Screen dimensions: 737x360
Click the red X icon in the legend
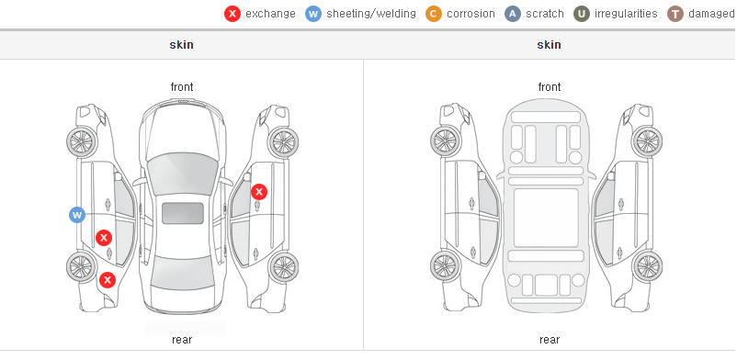coord(232,14)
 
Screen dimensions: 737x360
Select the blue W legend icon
coord(313,14)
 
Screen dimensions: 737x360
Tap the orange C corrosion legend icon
coord(434,14)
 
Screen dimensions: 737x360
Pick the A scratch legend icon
coord(513,14)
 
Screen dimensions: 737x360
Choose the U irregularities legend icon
coord(582,14)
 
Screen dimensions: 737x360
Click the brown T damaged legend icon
coord(675,14)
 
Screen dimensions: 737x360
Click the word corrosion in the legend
coord(471,14)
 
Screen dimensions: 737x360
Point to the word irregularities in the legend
coord(626,14)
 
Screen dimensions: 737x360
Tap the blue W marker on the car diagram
coord(77,215)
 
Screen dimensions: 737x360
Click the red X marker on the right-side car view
coord(259,192)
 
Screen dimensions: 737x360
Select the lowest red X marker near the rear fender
coord(108,281)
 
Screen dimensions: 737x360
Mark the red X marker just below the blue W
coord(104,238)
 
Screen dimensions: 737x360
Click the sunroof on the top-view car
coord(183,213)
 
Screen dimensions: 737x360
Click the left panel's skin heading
coord(181,45)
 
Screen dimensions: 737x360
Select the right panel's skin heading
coord(549,45)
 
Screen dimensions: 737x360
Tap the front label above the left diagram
coord(182,87)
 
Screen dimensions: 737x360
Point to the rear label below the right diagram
coord(550,340)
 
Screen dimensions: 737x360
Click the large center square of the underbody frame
coord(546,218)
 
